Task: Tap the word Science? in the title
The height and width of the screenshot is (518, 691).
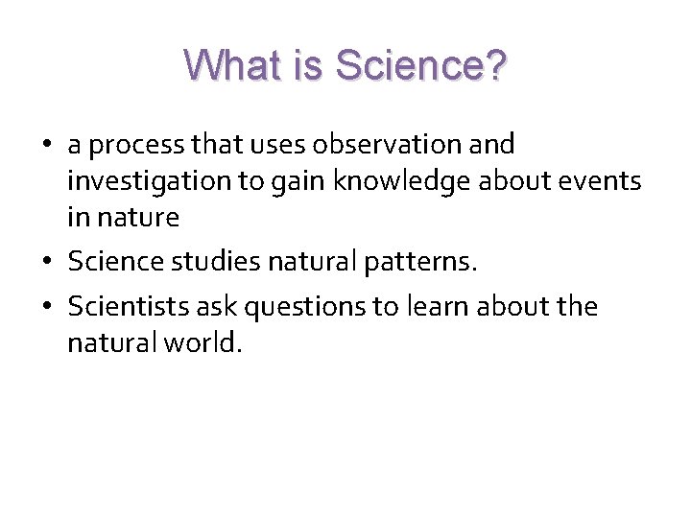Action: (x=420, y=66)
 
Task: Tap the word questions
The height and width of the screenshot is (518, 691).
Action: (x=305, y=307)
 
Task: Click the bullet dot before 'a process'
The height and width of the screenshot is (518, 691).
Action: (x=47, y=146)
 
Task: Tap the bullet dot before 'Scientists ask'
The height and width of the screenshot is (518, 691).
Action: (x=47, y=308)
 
